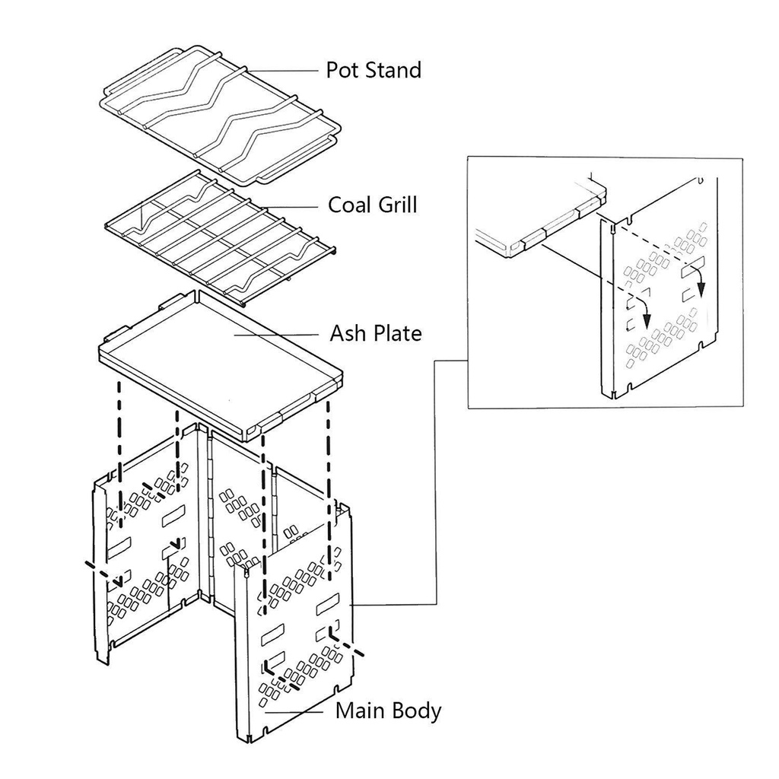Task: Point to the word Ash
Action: coord(346,333)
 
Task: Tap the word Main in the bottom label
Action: coord(358,711)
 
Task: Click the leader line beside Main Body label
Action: coord(294,712)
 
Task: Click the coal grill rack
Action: coord(221,237)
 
